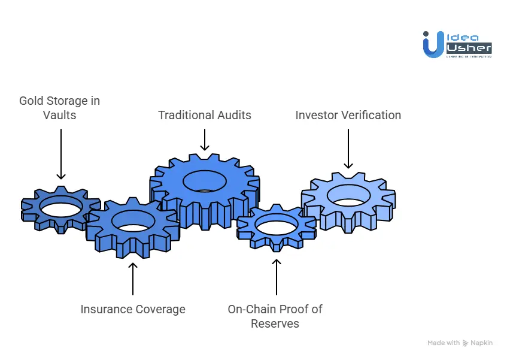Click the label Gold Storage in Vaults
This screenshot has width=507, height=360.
click(x=60, y=108)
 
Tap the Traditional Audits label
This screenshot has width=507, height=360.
click(x=205, y=115)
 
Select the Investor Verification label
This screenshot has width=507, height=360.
click(x=348, y=115)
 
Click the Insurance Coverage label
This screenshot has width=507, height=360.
click(x=133, y=310)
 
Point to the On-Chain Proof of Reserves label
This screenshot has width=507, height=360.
click(x=275, y=316)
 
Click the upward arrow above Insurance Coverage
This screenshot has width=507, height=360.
click(x=133, y=278)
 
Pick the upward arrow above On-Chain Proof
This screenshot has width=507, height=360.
click(x=276, y=277)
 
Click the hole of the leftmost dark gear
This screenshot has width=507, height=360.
click(x=61, y=207)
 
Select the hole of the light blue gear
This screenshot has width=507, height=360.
click(x=349, y=195)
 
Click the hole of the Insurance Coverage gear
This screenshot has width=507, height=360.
click(x=133, y=221)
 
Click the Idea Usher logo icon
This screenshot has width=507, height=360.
click(x=432, y=44)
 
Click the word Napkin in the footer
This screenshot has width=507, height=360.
click(x=482, y=343)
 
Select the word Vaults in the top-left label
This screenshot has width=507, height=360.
click(x=60, y=115)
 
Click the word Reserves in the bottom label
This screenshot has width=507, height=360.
click(x=275, y=324)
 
